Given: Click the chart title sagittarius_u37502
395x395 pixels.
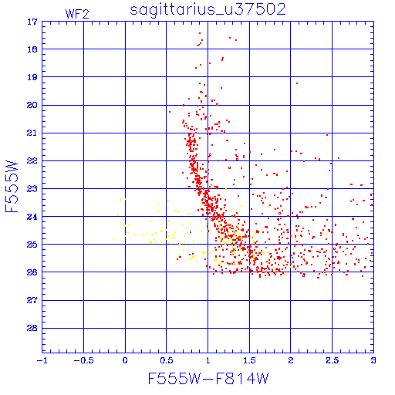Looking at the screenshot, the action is pos(208,10).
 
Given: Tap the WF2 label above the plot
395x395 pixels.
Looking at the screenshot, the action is pos(77,14).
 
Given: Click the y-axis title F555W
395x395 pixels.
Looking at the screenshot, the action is pos(12,187).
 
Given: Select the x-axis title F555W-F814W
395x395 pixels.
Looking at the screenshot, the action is pos(208,379).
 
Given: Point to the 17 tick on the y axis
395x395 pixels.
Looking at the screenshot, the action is pos(32,22).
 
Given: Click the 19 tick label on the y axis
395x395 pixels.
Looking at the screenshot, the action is pos(32,77).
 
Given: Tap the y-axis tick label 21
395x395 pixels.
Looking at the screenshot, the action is pos(32,133).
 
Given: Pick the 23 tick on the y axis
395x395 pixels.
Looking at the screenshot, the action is pos(32,189).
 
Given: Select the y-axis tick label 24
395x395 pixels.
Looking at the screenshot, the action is pos(32,217).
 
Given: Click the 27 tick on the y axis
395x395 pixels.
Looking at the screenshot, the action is pos(32,300).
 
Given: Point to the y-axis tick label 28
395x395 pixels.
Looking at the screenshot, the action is pos(32,329).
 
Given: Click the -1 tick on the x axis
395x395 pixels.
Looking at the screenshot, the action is pos(42,360).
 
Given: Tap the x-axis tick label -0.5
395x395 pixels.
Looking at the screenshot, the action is pos(83,360).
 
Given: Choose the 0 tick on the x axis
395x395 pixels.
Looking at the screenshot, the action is pos(125,360).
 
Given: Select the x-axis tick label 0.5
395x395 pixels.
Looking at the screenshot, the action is pos(167,360).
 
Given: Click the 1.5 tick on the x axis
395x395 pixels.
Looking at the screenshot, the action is pos(249,360).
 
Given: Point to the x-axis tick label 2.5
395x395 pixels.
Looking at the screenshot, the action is pos(332,360).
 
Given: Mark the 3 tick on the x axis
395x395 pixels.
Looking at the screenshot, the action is pos(373,360).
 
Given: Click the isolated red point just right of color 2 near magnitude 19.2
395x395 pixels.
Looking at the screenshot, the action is pos(297,83).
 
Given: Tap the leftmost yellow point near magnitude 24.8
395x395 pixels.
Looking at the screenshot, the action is pos(114,238).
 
